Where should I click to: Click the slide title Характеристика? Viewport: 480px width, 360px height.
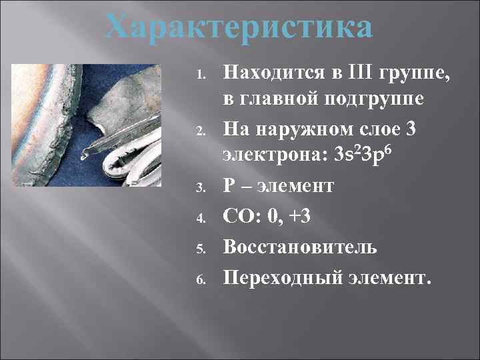[x=239, y=29]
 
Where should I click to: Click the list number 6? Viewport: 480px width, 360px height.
[x=203, y=277]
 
